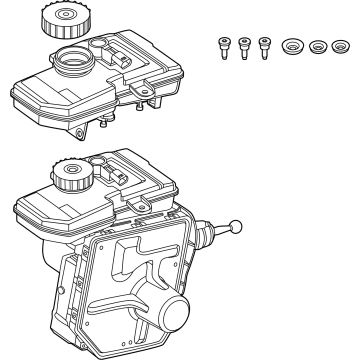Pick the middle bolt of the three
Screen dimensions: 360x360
[x=243, y=47]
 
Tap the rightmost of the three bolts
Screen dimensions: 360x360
[x=264, y=46]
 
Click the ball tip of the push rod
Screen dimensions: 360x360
[x=237, y=226]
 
